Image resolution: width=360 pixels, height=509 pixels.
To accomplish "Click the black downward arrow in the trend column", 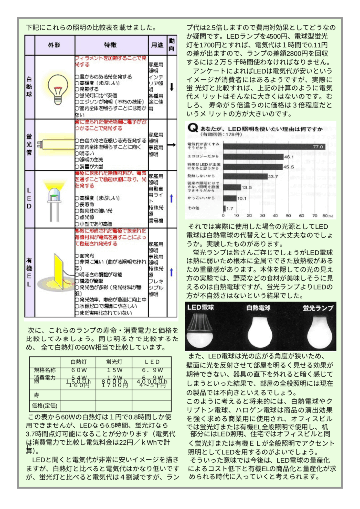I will coord(171,87).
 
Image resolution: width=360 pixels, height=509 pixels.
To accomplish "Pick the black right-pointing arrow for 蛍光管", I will coord(171,145).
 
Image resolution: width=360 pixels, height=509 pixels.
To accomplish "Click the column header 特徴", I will coord(110,45).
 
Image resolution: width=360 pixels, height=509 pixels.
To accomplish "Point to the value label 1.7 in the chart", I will coord(230,208).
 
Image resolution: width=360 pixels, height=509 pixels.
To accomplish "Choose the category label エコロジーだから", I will coord(199,156).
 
